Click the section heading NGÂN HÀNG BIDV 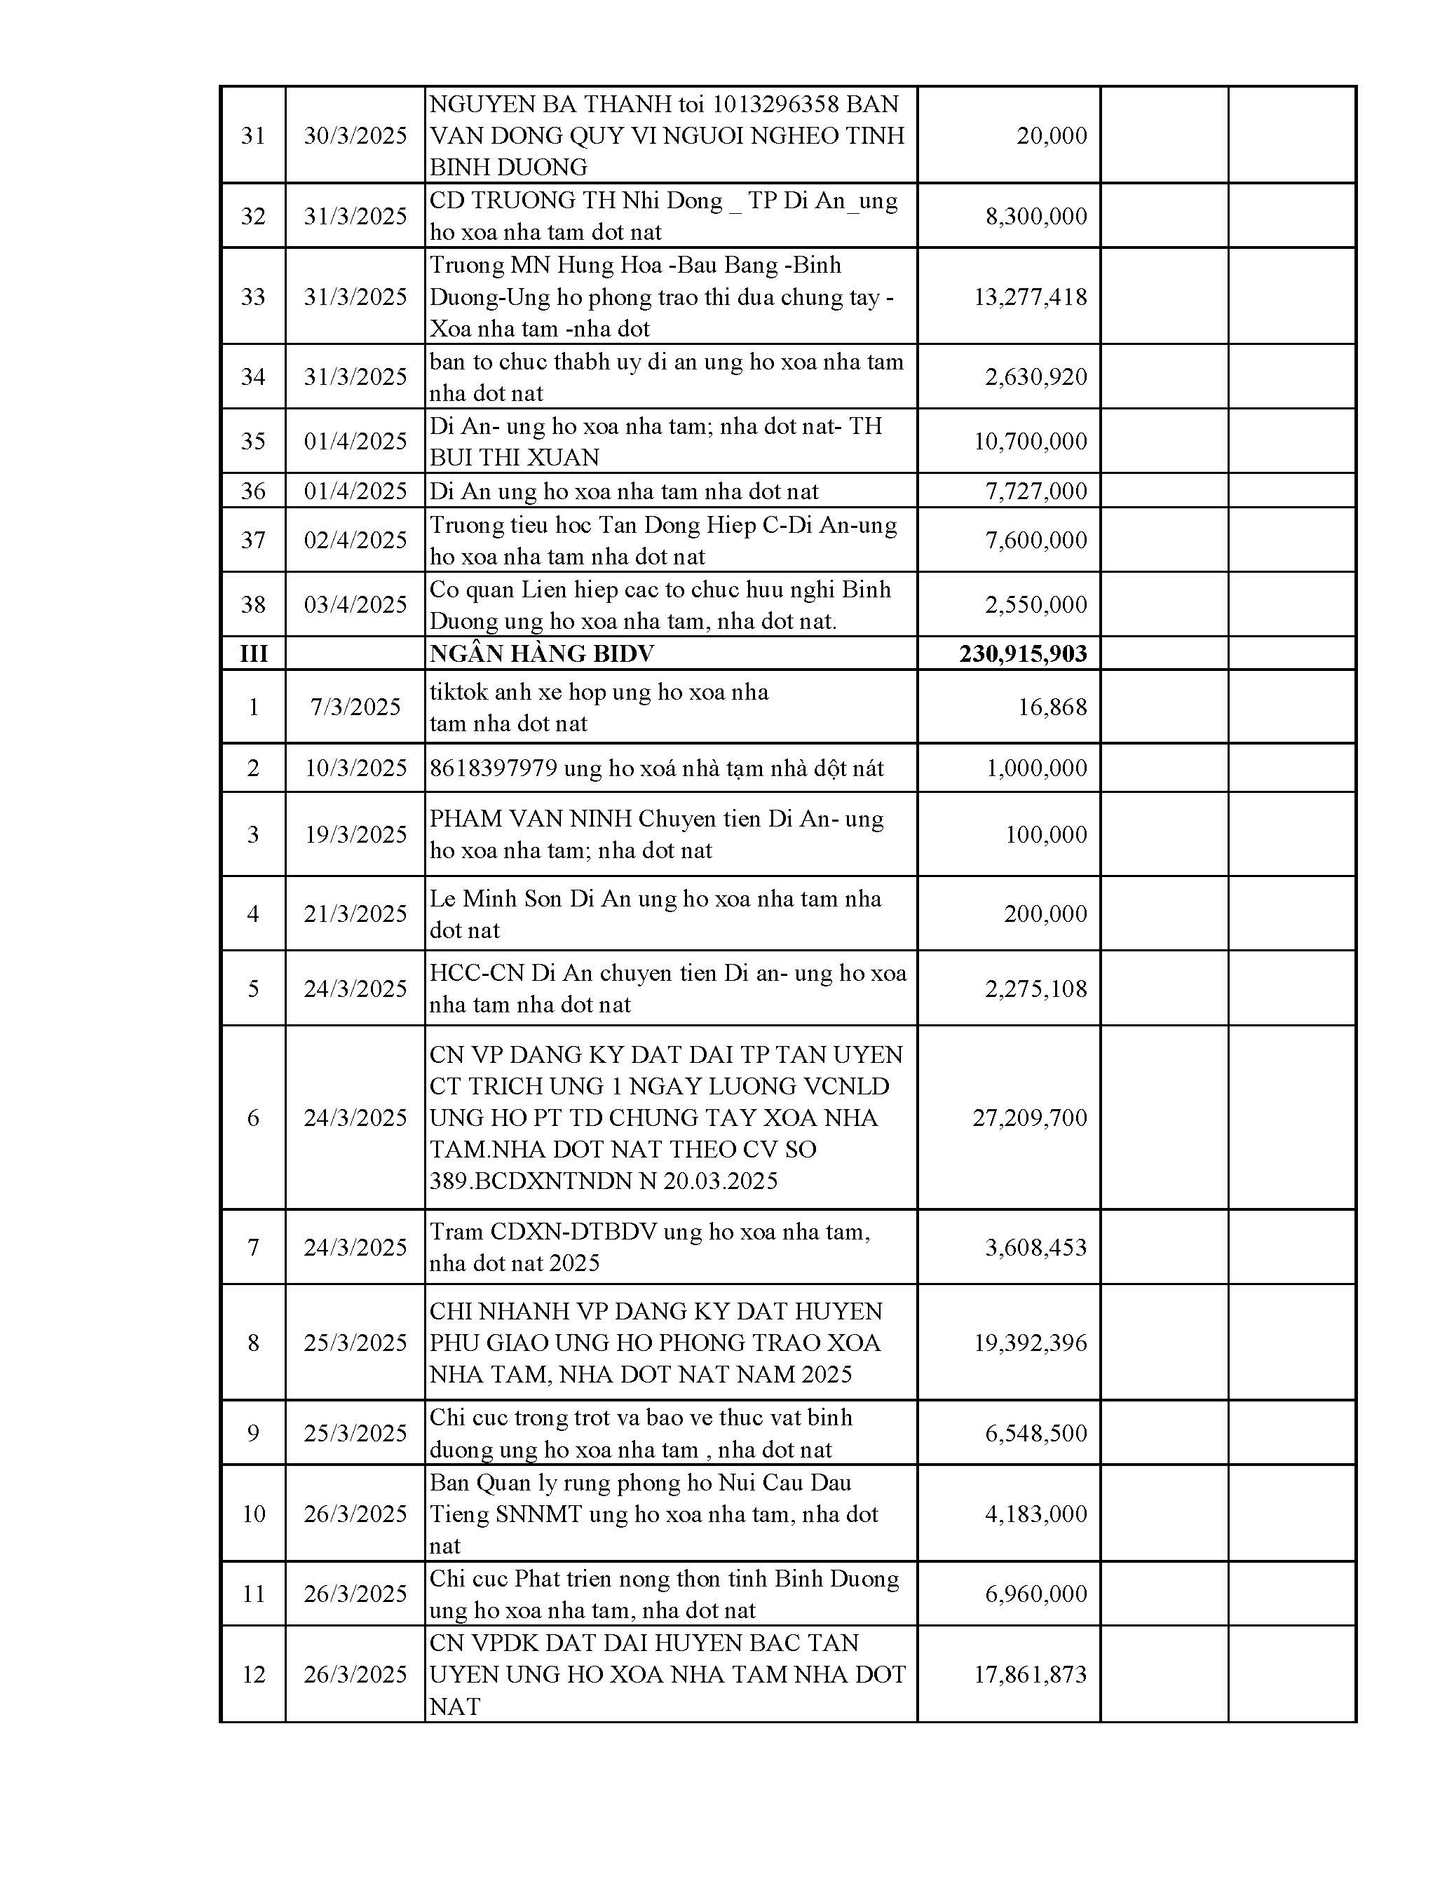pyautogui.click(x=542, y=653)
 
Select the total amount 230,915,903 pyautogui.click(x=1024, y=653)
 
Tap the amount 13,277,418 pyautogui.click(x=1030, y=297)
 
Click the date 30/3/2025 pyautogui.click(x=355, y=136)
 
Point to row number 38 pyautogui.click(x=253, y=604)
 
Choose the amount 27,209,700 pyautogui.click(x=1029, y=1118)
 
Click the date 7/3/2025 pyautogui.click(x=355, y=707)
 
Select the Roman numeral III pyautogui.click(x=253, y=653)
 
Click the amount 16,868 pyautogui.click(x=1052, y=707)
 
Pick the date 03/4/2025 pyautogui.click(x=355, y=604)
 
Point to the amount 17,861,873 pyautogui.click(x=1030, y=1674)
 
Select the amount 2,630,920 pyautogui.click(x=1036, y=377)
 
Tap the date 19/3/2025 pyautogui.click(x=355, y=834)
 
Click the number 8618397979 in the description pyautogui.click(x=494, y=768)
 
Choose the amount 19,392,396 pyautogui.click(x=1030, y=1343)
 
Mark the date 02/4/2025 pyautogui.click(x=355, y=540)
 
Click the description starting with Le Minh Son pyautogui.click(x=655, y=914)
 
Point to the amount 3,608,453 pyautogui.click(x=1036, y=1247)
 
